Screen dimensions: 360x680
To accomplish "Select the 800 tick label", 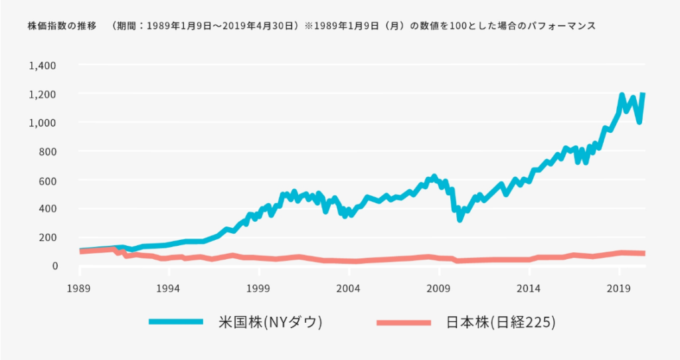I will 48,151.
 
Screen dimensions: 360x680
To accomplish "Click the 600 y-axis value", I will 48,180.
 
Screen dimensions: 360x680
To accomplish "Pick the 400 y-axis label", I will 48,209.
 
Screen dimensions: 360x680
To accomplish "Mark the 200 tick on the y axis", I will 48,237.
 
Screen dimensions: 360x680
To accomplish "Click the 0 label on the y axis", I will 55,266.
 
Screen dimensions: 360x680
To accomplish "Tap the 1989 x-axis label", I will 79,289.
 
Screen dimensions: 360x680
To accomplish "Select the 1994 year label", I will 169,289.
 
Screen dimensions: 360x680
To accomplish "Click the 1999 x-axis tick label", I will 259,289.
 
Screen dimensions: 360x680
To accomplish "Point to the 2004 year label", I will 349,289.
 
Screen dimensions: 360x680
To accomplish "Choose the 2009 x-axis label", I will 439,289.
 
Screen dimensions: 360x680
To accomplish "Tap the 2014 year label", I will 529,289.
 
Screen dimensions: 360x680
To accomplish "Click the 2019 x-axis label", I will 619,289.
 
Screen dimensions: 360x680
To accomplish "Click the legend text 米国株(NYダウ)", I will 270,322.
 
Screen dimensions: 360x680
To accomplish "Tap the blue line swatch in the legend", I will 176,322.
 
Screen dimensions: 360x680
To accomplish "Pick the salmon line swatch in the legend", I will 404,322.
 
